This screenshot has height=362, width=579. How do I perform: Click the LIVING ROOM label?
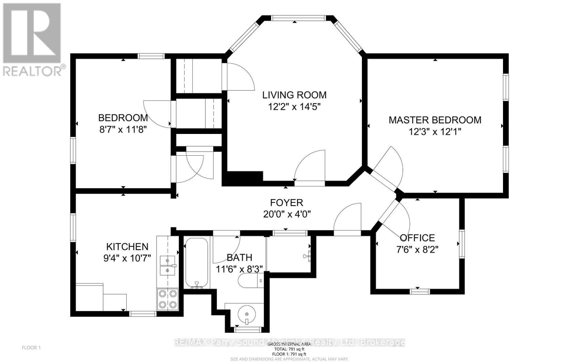pyautogui.click(x=294, y=95)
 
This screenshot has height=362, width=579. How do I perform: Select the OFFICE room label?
pyautogui.click(x=417, y=238)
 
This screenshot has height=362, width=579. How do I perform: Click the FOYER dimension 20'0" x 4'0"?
pyautogui.click(x=287, y=214)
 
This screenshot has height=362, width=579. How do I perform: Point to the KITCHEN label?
pyautogui.click(x=127, y=247)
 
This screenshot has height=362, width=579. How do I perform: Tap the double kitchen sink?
pyautogui.click(x=168, y=265)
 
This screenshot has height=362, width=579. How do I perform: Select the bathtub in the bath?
pyautogui.click(x=196, y=263)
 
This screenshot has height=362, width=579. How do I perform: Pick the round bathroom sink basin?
pyautogui.click(x=246, y=313)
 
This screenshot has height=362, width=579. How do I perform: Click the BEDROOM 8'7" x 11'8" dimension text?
pyautogui.click(x=123, y=129)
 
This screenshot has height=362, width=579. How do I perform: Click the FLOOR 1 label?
pyautogui.click(x=31, y=348)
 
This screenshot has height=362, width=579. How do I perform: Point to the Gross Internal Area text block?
pyautogui.click(x=289, y=349)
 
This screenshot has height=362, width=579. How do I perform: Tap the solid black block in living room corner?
pyautogui.click(x=242, y=178)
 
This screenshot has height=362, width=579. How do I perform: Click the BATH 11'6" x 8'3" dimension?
pyautogui.click(x=239, y=269)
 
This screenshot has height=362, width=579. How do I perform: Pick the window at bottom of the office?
pyautogui.click(x=420, y=291)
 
